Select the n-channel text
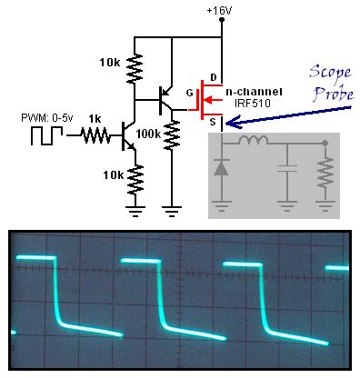click(252, 93)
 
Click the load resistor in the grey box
click(325, 172)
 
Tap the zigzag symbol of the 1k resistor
click(94, 138)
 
